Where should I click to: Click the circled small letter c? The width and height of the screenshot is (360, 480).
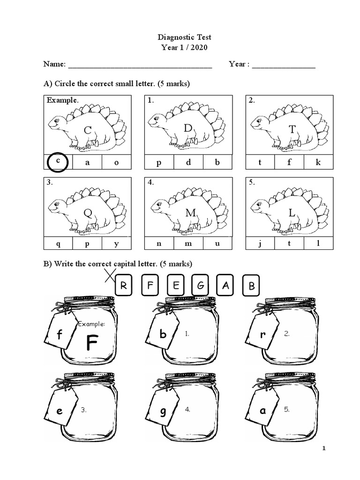tap(58, 161)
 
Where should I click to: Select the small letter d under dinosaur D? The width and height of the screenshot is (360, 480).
tap(188, 163)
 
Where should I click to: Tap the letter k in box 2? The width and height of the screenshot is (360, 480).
tap(318, 163)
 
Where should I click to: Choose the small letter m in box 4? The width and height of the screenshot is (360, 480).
tap(188, 243)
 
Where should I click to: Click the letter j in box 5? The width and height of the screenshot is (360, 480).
tap(260, 243)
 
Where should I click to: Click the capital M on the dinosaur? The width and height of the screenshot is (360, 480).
tap(190, 213)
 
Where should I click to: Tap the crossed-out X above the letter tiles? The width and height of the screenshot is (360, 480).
tap(110, 276)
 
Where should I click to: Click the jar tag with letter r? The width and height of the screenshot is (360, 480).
tap(263, 335)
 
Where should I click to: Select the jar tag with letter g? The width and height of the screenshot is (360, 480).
tap(163, 411)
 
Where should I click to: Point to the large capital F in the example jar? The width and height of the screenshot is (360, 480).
tap(92, 344)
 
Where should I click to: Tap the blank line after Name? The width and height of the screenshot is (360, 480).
tap(140, 65)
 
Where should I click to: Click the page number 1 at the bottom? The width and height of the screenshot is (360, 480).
tap(323, 449)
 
